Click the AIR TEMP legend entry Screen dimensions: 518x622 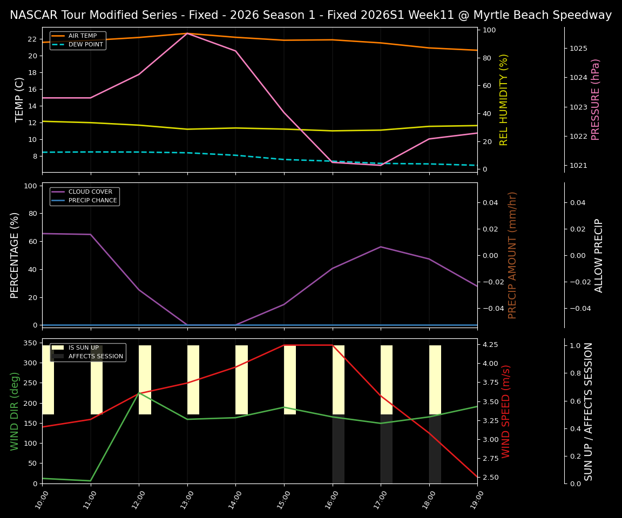[x=82, y=36]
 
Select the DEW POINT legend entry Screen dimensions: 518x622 [x=85, y=44]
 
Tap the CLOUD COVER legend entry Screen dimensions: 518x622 [x=90, y=192]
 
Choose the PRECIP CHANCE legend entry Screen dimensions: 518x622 [x=92, y=200]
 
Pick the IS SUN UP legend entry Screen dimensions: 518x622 [x=83, y=347]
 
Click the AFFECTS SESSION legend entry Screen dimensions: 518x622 [x=96, y=356]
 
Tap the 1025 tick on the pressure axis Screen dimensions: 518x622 [x=578, y=49]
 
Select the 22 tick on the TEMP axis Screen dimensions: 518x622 [x=31, y=39]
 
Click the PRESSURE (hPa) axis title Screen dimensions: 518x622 [x=596, y=99]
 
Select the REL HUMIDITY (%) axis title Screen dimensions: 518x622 [x=504, y=99]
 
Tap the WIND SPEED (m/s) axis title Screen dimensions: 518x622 [x=506, y=411]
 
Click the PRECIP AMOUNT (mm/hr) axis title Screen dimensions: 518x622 [x=512, y=255]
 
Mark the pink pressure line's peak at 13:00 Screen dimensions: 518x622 [x=187, y=33]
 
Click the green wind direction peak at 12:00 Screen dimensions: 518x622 [x=139, y=393]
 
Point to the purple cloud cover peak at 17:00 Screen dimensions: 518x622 [x=381, y=247]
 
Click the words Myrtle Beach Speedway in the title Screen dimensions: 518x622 [x=535, y=15]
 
